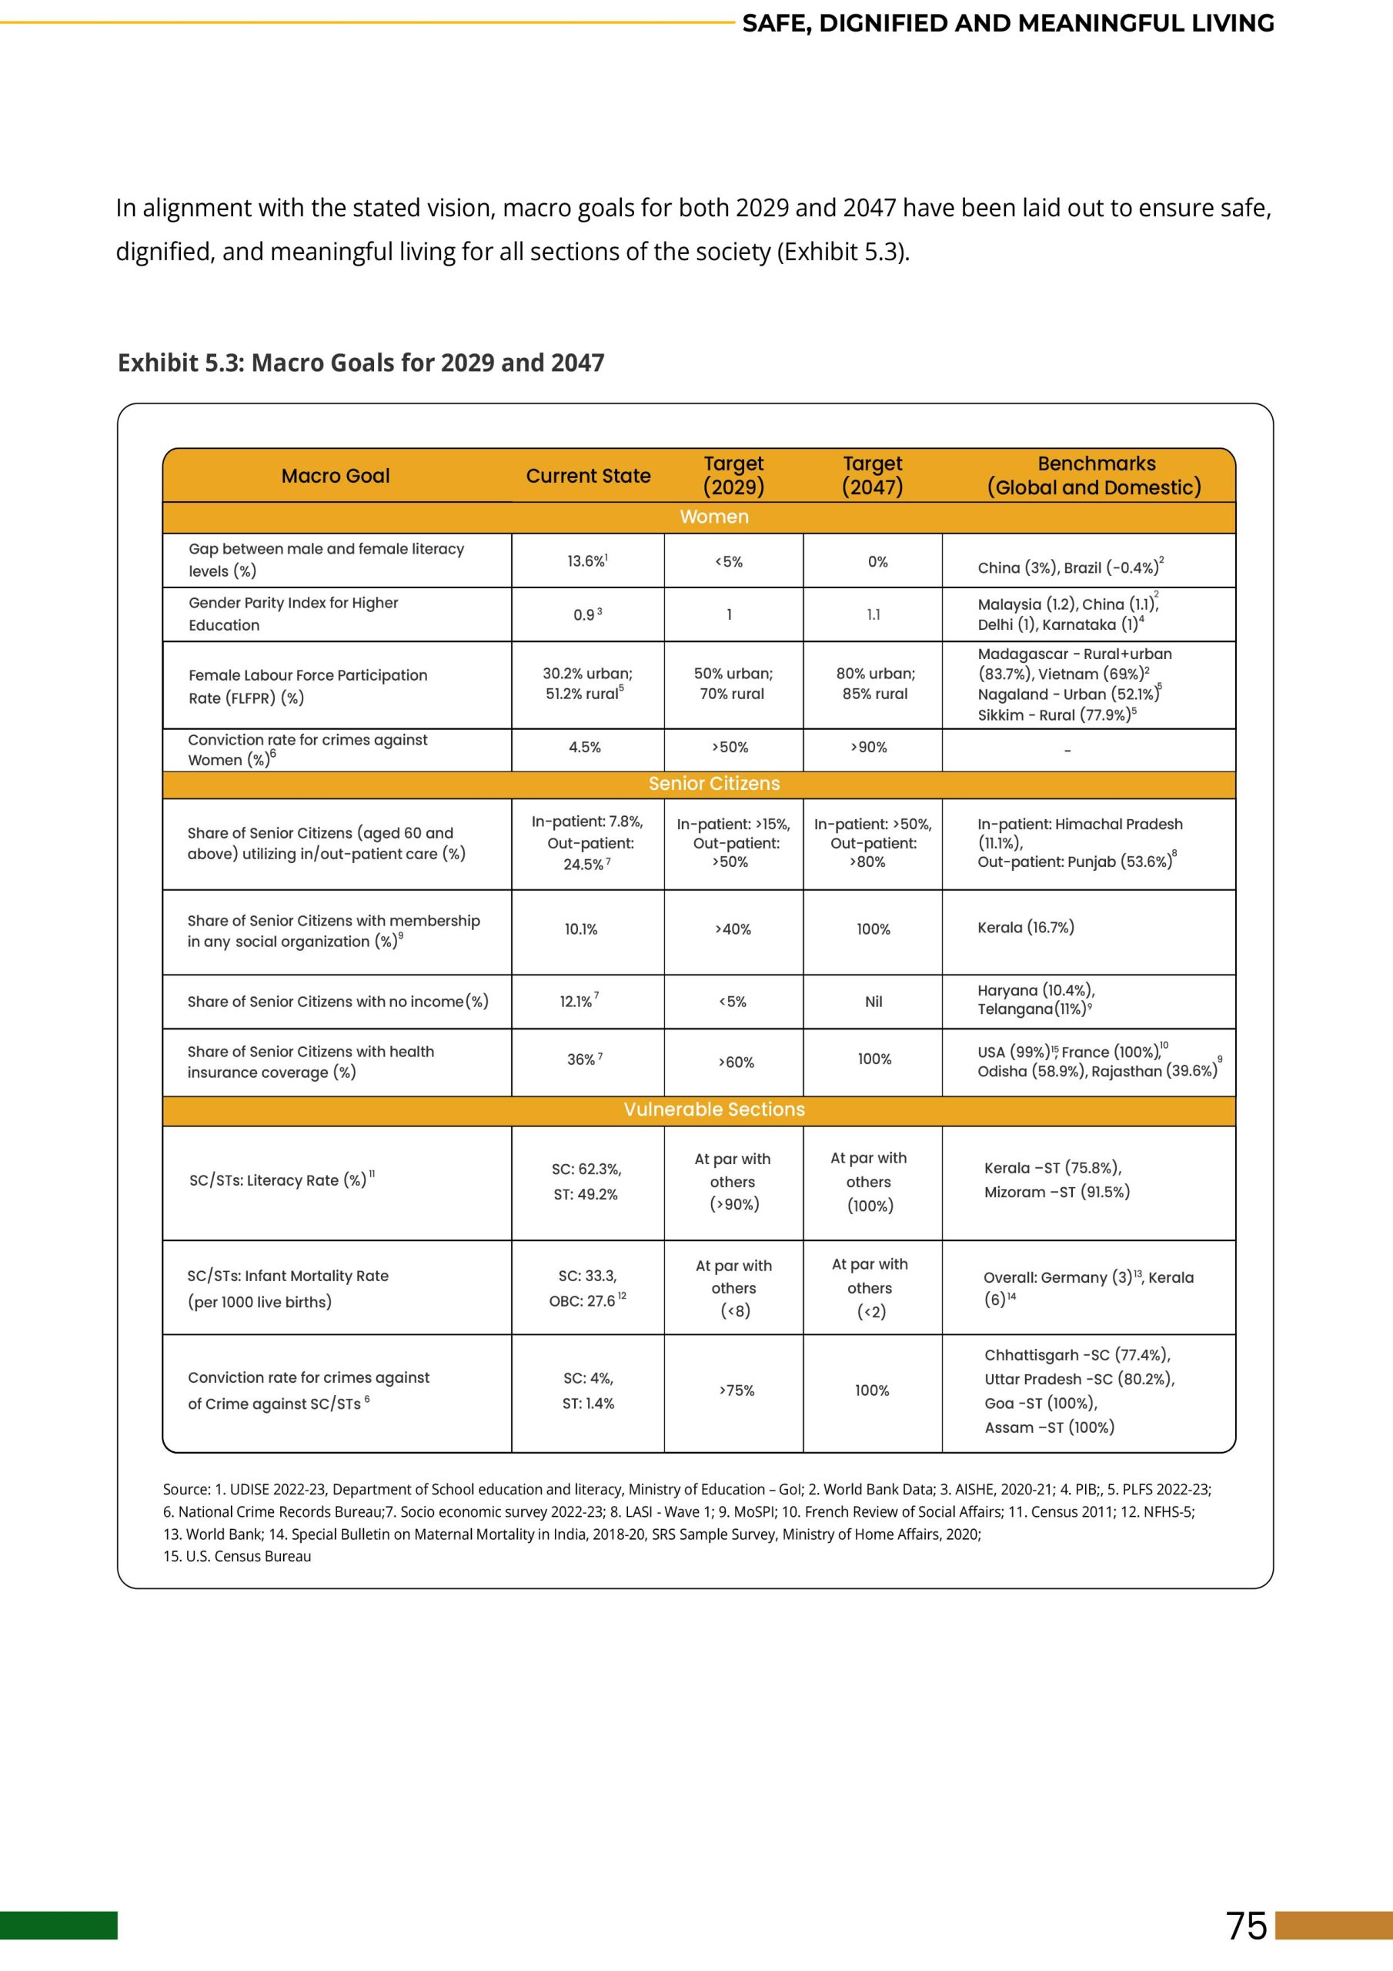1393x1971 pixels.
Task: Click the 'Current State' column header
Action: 588,476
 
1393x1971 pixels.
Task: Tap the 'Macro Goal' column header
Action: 336,476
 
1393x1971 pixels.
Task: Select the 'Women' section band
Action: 713,517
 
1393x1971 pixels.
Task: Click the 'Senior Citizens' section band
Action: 713,784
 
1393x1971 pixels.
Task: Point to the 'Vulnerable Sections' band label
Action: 713,1109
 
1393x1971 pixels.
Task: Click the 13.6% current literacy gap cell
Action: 587,561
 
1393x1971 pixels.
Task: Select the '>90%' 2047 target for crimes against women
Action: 869,748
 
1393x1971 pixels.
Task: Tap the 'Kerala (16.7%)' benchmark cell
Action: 1026,927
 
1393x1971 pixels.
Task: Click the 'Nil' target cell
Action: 873,1002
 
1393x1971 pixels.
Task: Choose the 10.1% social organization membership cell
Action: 581,929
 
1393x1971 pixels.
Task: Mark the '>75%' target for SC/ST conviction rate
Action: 737,1390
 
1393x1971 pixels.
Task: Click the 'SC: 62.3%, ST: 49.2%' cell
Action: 586,1181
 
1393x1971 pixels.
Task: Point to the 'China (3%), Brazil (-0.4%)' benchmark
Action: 1070,567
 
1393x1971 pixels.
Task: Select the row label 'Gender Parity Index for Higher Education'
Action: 293,614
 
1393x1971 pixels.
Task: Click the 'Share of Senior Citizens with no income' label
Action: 337,1002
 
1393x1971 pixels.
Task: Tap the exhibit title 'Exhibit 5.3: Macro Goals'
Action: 360,363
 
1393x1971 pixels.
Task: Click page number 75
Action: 1246,1926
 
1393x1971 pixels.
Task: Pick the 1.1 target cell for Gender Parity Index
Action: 873,614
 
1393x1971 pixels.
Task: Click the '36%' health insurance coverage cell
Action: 583,1059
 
